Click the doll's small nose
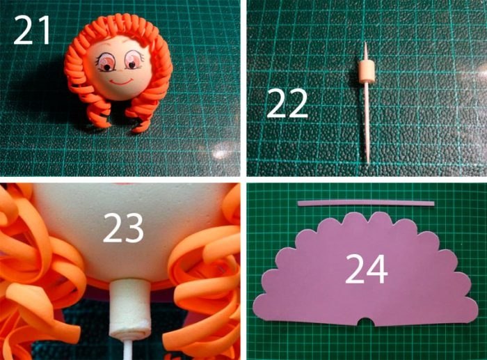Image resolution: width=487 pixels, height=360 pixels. (x=121, y=70)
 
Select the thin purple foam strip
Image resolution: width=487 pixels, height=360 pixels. (x=365, y=204)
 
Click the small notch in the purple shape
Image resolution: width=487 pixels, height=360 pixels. (x=367, y=322)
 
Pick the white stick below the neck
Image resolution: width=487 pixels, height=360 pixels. (x=129, y=348)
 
